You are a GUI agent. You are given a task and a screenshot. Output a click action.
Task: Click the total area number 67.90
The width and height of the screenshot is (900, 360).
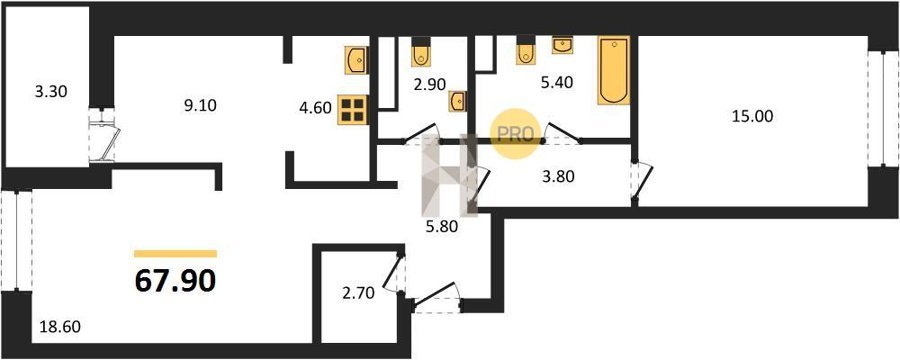tap(176, 280)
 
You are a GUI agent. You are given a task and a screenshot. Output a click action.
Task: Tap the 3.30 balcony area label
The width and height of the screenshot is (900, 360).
tap(52, 91)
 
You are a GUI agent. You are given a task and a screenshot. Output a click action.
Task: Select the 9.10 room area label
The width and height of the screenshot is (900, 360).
tap(200, 106)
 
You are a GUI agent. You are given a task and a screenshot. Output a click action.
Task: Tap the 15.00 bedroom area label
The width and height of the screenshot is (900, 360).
tap(752, 117)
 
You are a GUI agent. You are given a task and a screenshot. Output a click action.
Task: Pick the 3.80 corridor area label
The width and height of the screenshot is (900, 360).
tap(557, 177)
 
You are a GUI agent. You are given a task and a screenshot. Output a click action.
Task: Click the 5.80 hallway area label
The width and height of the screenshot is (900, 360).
tap(442, 227)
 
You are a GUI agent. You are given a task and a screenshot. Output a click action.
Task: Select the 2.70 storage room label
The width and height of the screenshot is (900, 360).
tap(358, 294)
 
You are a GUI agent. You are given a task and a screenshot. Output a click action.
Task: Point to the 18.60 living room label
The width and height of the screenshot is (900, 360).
tap(60, 327)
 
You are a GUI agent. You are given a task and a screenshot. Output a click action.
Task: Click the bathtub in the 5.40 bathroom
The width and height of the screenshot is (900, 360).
tap(614, 71)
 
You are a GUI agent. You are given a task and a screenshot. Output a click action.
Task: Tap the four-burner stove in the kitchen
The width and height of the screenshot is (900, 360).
tap(352, 109)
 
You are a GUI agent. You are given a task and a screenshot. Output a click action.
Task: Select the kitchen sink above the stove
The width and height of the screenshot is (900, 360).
tap(357, 60)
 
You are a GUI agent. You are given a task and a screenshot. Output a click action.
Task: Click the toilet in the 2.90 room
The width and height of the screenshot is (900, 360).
tap(421, 52)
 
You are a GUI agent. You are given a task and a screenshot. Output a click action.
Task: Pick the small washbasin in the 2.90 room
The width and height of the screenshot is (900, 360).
tap(457, 101)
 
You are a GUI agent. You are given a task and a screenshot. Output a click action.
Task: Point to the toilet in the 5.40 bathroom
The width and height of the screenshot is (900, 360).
tap(525, 51)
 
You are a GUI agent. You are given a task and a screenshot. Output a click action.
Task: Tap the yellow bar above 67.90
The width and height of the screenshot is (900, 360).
tap(176, 254)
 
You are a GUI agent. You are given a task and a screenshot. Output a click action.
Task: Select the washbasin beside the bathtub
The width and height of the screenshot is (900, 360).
tap(562, 45)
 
